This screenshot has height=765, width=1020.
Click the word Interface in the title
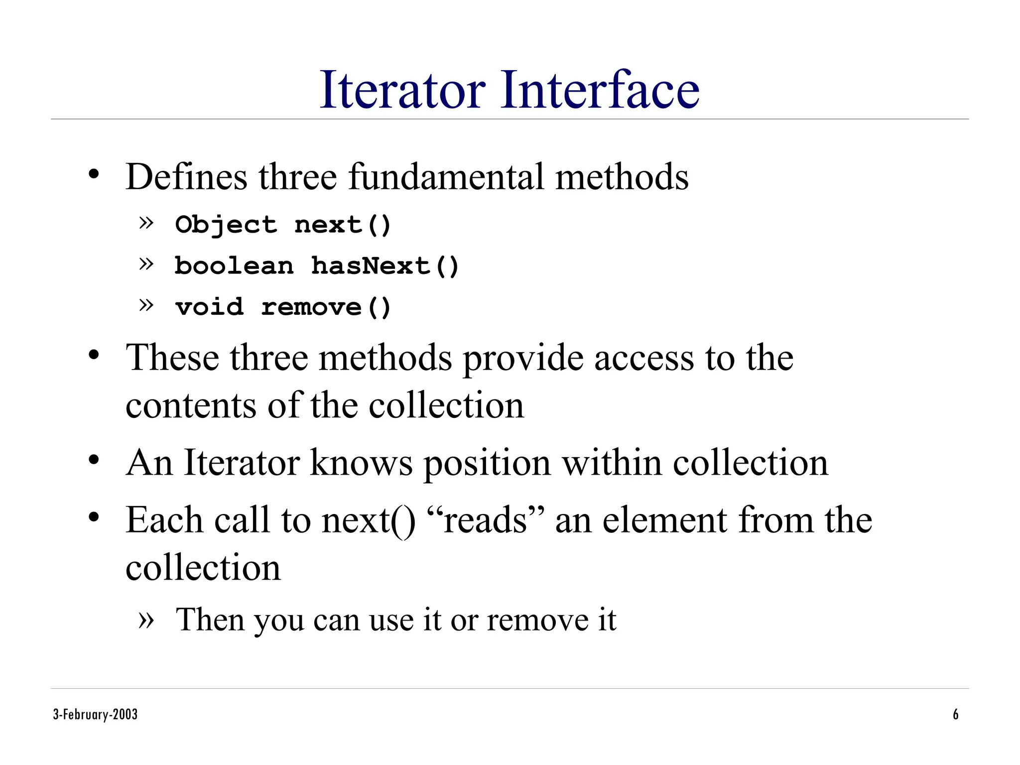tap(600, 90)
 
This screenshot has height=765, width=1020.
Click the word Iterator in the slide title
tap(402, 90)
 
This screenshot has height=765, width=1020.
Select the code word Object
tap(226, 225)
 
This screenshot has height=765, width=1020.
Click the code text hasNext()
tap(384, 266)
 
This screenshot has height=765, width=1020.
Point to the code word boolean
tap(234, 266)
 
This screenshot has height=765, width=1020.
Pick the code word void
tap(209, 307)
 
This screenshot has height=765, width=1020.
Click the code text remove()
tap(326, 307)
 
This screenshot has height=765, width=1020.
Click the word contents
tap(191, 405)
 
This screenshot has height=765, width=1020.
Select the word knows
tap(361, 463)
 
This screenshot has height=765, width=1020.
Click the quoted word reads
tap(486, 520)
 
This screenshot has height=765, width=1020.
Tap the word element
tap(665, 520)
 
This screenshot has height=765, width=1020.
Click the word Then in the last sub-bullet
tap(210, 620)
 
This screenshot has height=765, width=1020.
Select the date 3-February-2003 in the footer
tap(95, 715)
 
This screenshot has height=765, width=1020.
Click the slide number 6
tap(955, 715)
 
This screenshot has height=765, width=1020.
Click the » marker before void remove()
tap(146, 305)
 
